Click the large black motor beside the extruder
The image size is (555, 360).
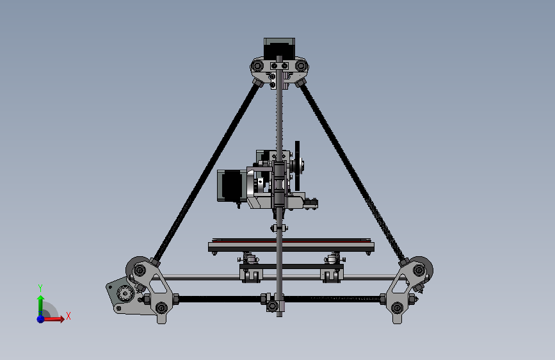click(x=229, y=185)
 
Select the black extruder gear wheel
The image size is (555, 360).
click(x=297, y=166)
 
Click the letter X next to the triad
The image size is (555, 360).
click(x=68, y=316)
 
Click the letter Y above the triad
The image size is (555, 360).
click(x=40, y=288)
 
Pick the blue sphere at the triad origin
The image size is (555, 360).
click(x=40, y=318)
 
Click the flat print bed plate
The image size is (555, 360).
click(x=291, y=245)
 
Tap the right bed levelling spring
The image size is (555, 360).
click(x=332, y=259)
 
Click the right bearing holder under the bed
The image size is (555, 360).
click(x=332, y=274)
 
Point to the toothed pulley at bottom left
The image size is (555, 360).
click(x=124, y=294)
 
